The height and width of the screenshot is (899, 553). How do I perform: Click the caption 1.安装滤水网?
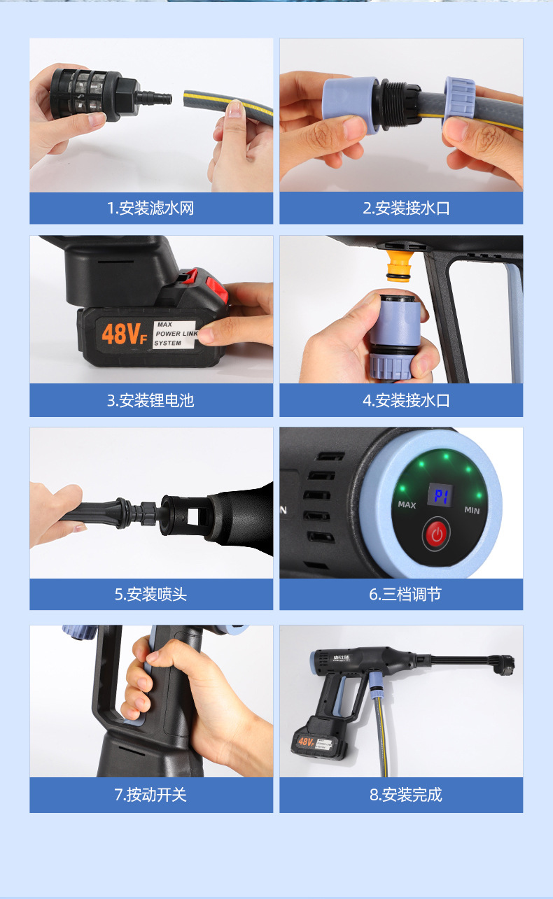[150, 208]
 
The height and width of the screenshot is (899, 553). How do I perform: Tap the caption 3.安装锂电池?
[150, 401]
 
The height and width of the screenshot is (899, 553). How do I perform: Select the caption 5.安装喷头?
[150, 595]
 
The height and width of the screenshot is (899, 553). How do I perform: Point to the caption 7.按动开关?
[150, 795]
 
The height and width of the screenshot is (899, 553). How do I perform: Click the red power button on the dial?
[437, 536]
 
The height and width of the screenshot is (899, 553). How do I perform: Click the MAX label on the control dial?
[407, 504]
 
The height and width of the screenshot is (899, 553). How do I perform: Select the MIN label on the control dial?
[472, 510]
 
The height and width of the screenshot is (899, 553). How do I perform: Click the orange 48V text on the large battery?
[122, 334]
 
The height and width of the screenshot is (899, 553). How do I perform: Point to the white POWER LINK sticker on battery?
[176, 334]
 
